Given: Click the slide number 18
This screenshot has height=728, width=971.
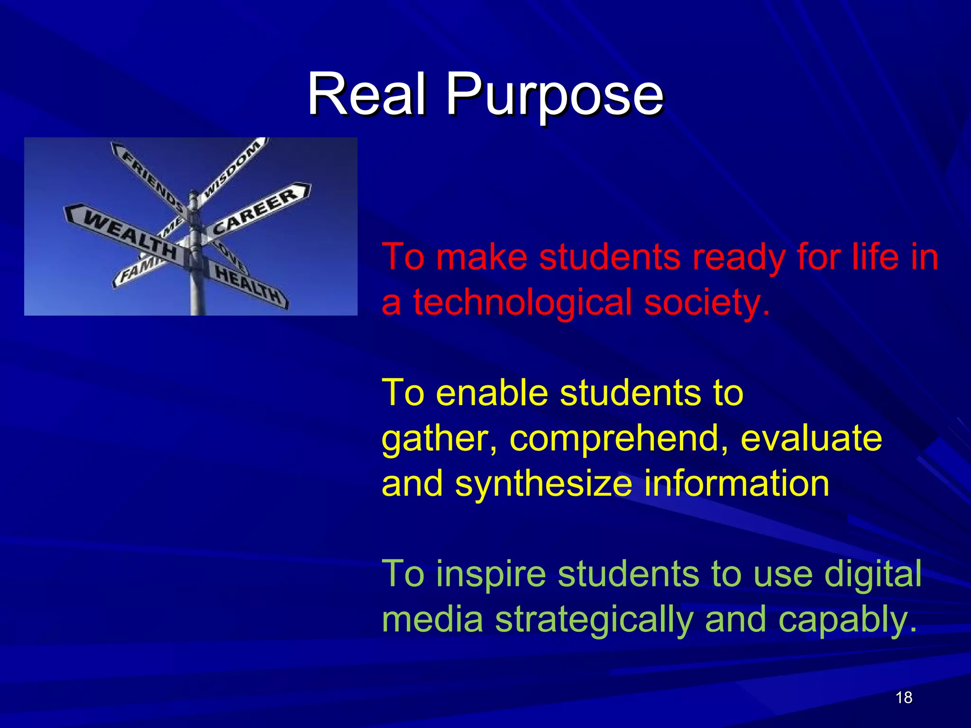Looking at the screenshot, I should (x=904, y=698).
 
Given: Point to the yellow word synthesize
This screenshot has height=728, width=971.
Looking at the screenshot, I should (x=543, y=483).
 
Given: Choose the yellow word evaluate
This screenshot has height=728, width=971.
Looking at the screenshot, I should (x=811, y=438).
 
